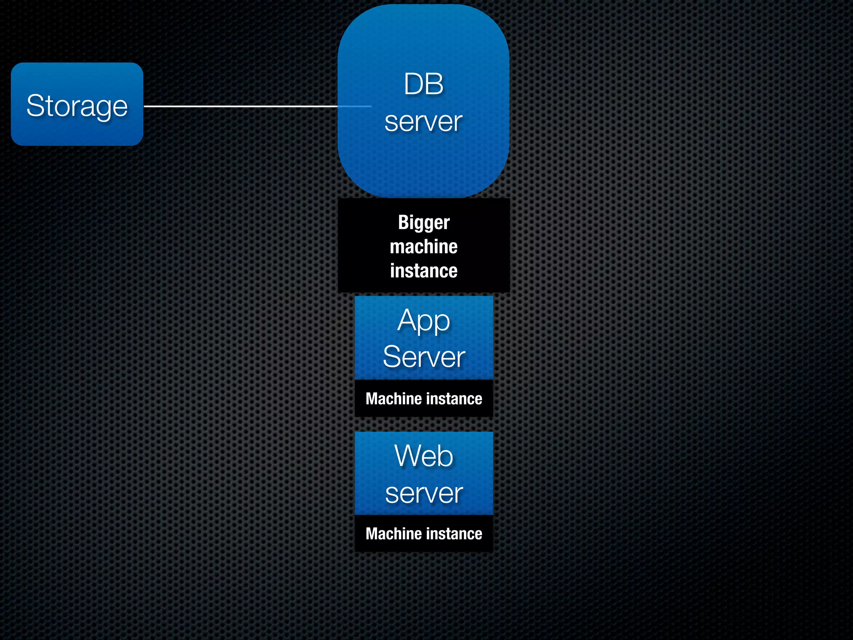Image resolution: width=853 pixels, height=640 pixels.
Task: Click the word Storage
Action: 77,106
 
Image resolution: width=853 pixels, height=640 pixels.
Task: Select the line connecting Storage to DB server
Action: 240,106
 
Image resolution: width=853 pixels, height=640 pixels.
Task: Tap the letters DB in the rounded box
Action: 423,84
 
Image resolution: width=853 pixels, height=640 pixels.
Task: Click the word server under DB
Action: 423,122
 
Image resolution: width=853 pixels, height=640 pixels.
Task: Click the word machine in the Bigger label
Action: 424,247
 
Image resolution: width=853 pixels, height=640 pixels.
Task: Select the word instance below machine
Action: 424,271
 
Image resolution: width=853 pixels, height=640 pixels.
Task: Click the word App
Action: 424,322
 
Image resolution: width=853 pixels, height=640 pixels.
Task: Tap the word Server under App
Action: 424,357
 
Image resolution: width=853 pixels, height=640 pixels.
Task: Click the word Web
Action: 424,456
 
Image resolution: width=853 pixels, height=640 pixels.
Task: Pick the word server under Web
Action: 424,493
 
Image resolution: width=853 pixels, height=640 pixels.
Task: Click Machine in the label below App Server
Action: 394,399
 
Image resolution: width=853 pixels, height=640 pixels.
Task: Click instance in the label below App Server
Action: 454,399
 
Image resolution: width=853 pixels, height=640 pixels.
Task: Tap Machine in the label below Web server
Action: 394,534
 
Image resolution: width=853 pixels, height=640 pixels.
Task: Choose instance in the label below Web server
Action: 454,534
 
